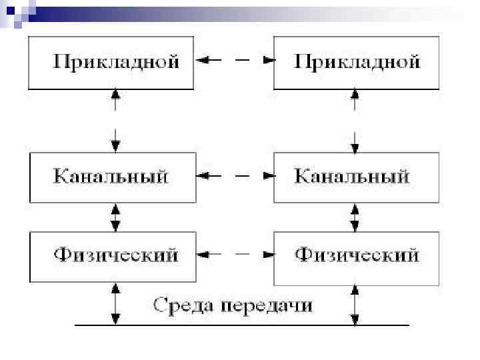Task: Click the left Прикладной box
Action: click(111, 63)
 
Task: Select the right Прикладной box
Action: click(357, 63)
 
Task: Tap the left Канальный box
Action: click(112, 177)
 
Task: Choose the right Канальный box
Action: click(357, 177)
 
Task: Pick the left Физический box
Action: click(112, 255)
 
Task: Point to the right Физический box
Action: click(357, 255)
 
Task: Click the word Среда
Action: click(185, 305)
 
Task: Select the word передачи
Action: click(267, 305)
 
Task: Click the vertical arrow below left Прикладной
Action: click(116, 121)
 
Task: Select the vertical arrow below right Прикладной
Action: click(355, 121)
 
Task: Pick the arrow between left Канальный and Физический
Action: click(116, 217)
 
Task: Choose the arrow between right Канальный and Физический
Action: click(355, 217)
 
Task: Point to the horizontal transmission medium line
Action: click(240, 325)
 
